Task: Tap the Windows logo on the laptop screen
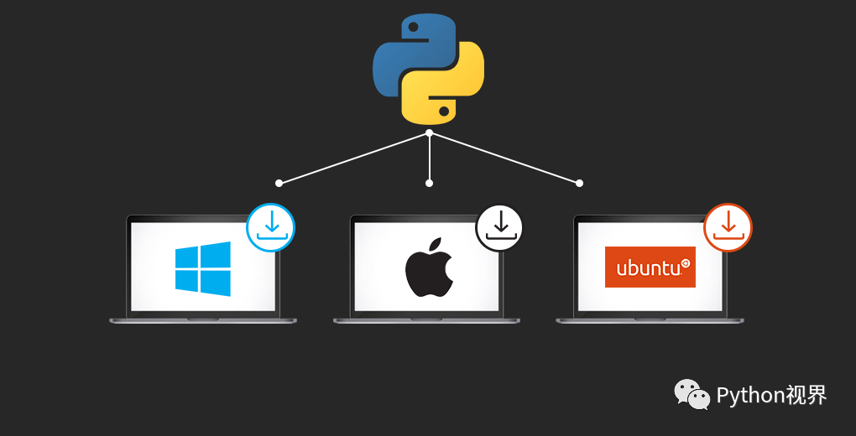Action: (202, 268)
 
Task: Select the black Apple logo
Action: (429, 267)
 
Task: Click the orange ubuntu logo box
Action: (650, 267)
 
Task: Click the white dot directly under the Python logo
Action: (429, 132)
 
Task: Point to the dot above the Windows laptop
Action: (279, 183)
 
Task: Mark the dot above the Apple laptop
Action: (429, 183)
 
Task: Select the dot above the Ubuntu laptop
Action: (579, 183)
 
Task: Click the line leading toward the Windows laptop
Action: (354, 158)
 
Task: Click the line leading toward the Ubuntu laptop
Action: (504, 158)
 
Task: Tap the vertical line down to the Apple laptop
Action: (430, 158)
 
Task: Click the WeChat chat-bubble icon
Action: (692, 394)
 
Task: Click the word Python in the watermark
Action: (750, 395)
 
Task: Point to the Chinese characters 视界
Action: (806, 395)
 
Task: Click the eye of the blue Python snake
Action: (413, 26)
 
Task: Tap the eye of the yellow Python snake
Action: (444, 112)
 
